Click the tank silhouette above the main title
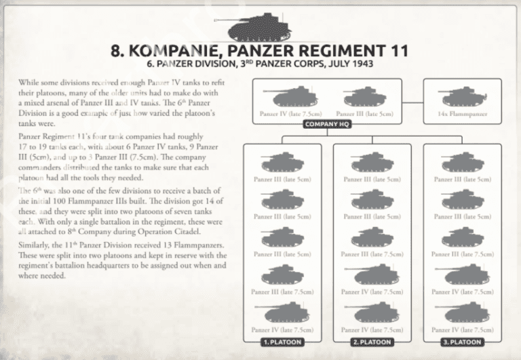(261, 29)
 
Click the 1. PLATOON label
(282, 342)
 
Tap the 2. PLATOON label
(372, 342)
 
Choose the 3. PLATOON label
(463, 342)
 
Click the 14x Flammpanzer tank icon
(463, 96)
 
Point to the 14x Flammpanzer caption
(463, 113)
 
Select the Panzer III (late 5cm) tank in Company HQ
(364, 97)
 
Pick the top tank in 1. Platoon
(282, 163)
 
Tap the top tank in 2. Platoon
(372, 163)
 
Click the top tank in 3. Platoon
(463, 163)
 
